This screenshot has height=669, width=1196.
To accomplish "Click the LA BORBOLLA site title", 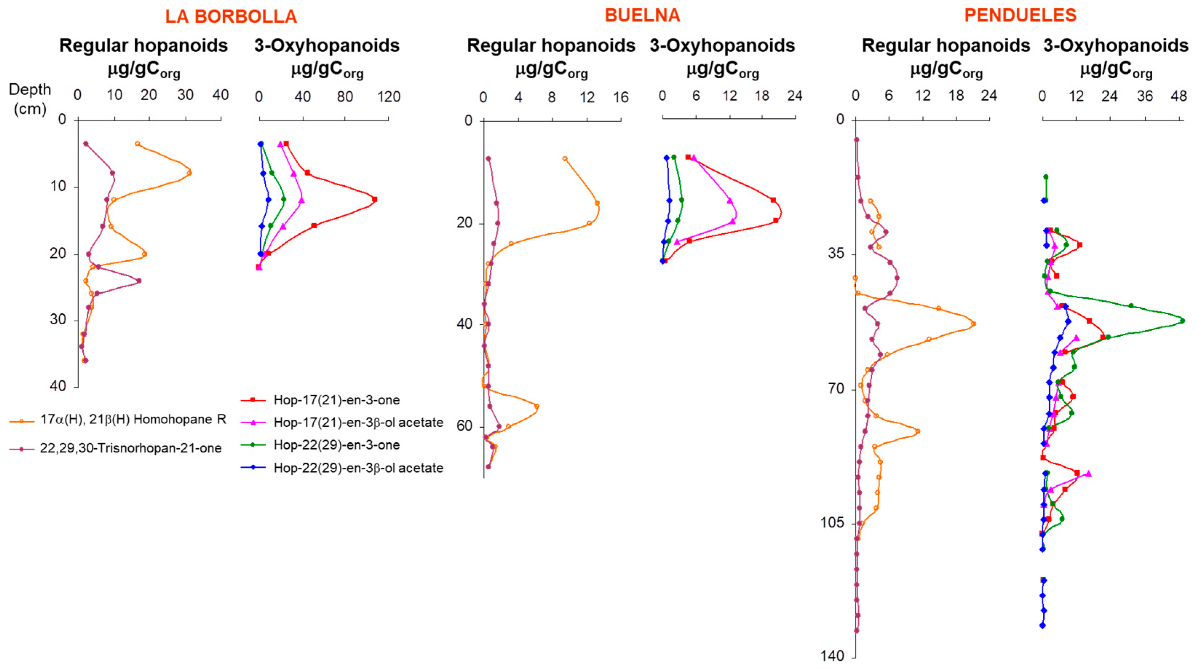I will (231, 17).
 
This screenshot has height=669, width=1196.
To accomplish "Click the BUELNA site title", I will (642, 16).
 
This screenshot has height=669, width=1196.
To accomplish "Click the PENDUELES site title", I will (1020, 16).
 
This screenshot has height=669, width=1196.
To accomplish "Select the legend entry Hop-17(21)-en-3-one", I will (336, 400).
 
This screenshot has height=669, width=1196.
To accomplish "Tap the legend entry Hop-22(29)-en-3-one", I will (336, 445).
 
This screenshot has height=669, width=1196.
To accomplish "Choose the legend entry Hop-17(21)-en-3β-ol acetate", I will (358, 422).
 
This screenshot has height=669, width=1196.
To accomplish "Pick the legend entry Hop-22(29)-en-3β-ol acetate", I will (358, 468).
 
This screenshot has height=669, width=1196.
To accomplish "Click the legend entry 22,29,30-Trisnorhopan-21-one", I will (131, 448).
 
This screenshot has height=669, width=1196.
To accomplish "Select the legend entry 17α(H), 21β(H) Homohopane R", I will (133, 420).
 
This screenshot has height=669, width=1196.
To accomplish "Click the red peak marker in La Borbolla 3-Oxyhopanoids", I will (375, 199).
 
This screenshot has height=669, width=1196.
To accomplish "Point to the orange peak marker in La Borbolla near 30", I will (189, 173).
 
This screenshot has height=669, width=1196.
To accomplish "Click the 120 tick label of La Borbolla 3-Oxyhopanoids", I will (389, 96).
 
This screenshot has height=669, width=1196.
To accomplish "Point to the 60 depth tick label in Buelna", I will (464, 426).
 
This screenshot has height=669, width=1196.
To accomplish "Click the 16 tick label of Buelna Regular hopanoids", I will (621, 98).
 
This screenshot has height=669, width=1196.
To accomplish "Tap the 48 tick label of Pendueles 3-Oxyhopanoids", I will (1179, 96).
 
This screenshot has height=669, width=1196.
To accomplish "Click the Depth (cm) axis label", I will (30, 99).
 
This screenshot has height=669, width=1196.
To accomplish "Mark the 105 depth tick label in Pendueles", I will (833, 522).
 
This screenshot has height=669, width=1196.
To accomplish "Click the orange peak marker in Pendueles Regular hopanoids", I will (974, 324).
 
